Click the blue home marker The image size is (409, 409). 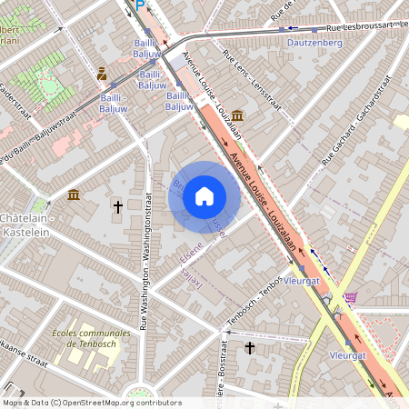click(x=204, y=196)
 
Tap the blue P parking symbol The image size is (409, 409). click(x=139, y=5)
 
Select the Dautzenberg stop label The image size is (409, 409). click(x=314, y=42)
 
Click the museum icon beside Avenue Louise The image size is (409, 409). click(x=237, y=115)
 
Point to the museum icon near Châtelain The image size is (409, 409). click(x=74, y=195)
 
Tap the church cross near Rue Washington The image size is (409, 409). click(x=117, y=207)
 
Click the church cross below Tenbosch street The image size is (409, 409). click(x=250, y=347)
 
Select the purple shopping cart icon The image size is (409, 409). click(x=351, y=296)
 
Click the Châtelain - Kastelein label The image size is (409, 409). click(x=25, y=225)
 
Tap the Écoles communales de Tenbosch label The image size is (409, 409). click(x=91, y=338)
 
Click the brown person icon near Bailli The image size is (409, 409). click(x=102, y=74)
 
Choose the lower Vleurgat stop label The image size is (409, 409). click(x=347, y=355)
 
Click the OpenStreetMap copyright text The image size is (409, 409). click(x=91, y=403)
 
